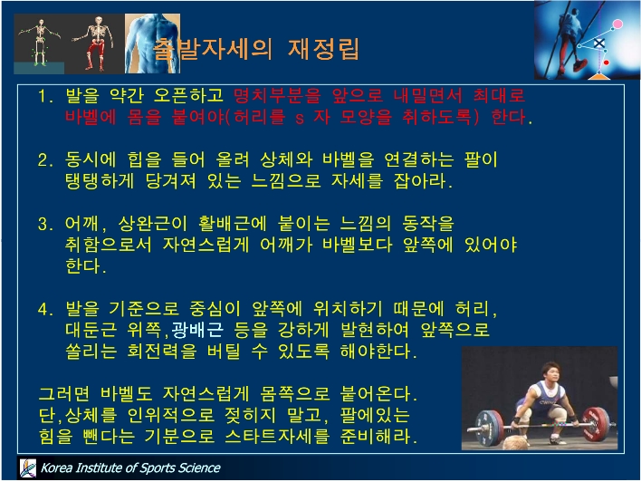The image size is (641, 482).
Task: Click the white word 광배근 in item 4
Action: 197,330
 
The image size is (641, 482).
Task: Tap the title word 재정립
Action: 324,49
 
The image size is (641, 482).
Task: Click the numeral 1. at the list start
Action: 45,96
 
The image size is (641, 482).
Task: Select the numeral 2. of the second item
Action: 45,160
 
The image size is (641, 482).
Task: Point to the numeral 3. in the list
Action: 45,224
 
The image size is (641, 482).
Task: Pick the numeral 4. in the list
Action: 45,309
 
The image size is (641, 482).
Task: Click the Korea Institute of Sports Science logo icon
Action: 28,468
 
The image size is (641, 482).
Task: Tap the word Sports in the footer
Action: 156,468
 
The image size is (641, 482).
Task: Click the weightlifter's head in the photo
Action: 550,372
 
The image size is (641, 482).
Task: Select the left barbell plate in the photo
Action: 490,428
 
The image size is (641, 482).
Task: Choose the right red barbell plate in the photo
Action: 596,424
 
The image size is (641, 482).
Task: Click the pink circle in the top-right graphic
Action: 617,24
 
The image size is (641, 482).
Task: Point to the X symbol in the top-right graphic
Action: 599,43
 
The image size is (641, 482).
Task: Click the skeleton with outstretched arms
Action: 40,43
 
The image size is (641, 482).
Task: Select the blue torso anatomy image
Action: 152,43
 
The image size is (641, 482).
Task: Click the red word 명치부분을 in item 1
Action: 278,96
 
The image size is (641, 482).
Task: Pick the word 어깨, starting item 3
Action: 86,224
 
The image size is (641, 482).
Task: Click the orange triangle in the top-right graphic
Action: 599,75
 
